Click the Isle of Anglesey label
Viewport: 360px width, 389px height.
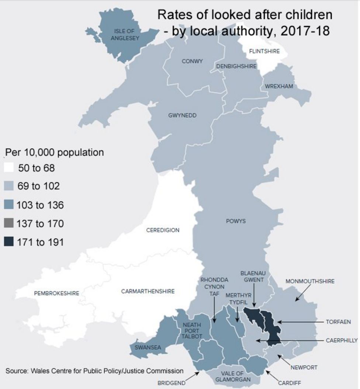tap(124, 34)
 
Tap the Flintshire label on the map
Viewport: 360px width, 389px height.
tap(264, 51)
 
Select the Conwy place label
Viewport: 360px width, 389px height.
tap(192, 61)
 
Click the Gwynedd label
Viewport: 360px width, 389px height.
tap(182, 115)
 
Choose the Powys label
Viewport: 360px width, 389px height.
tap(235, 221)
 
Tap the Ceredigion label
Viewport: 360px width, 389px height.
tap(163, 230)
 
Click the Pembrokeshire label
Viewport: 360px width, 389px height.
tap(56, 294)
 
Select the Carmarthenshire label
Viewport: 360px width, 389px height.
tap(148, 291)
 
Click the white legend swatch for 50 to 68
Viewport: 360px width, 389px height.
tap(9, 168)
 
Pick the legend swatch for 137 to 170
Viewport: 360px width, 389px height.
tap(9, 223)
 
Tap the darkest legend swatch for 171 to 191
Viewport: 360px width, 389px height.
tap(9, 242)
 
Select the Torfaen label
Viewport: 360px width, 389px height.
tap(338, 322)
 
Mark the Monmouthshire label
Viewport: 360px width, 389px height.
tap(310, 281)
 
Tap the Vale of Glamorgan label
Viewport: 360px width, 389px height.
tap(233, 376)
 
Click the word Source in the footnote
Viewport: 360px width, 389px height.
tap(16, 371)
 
